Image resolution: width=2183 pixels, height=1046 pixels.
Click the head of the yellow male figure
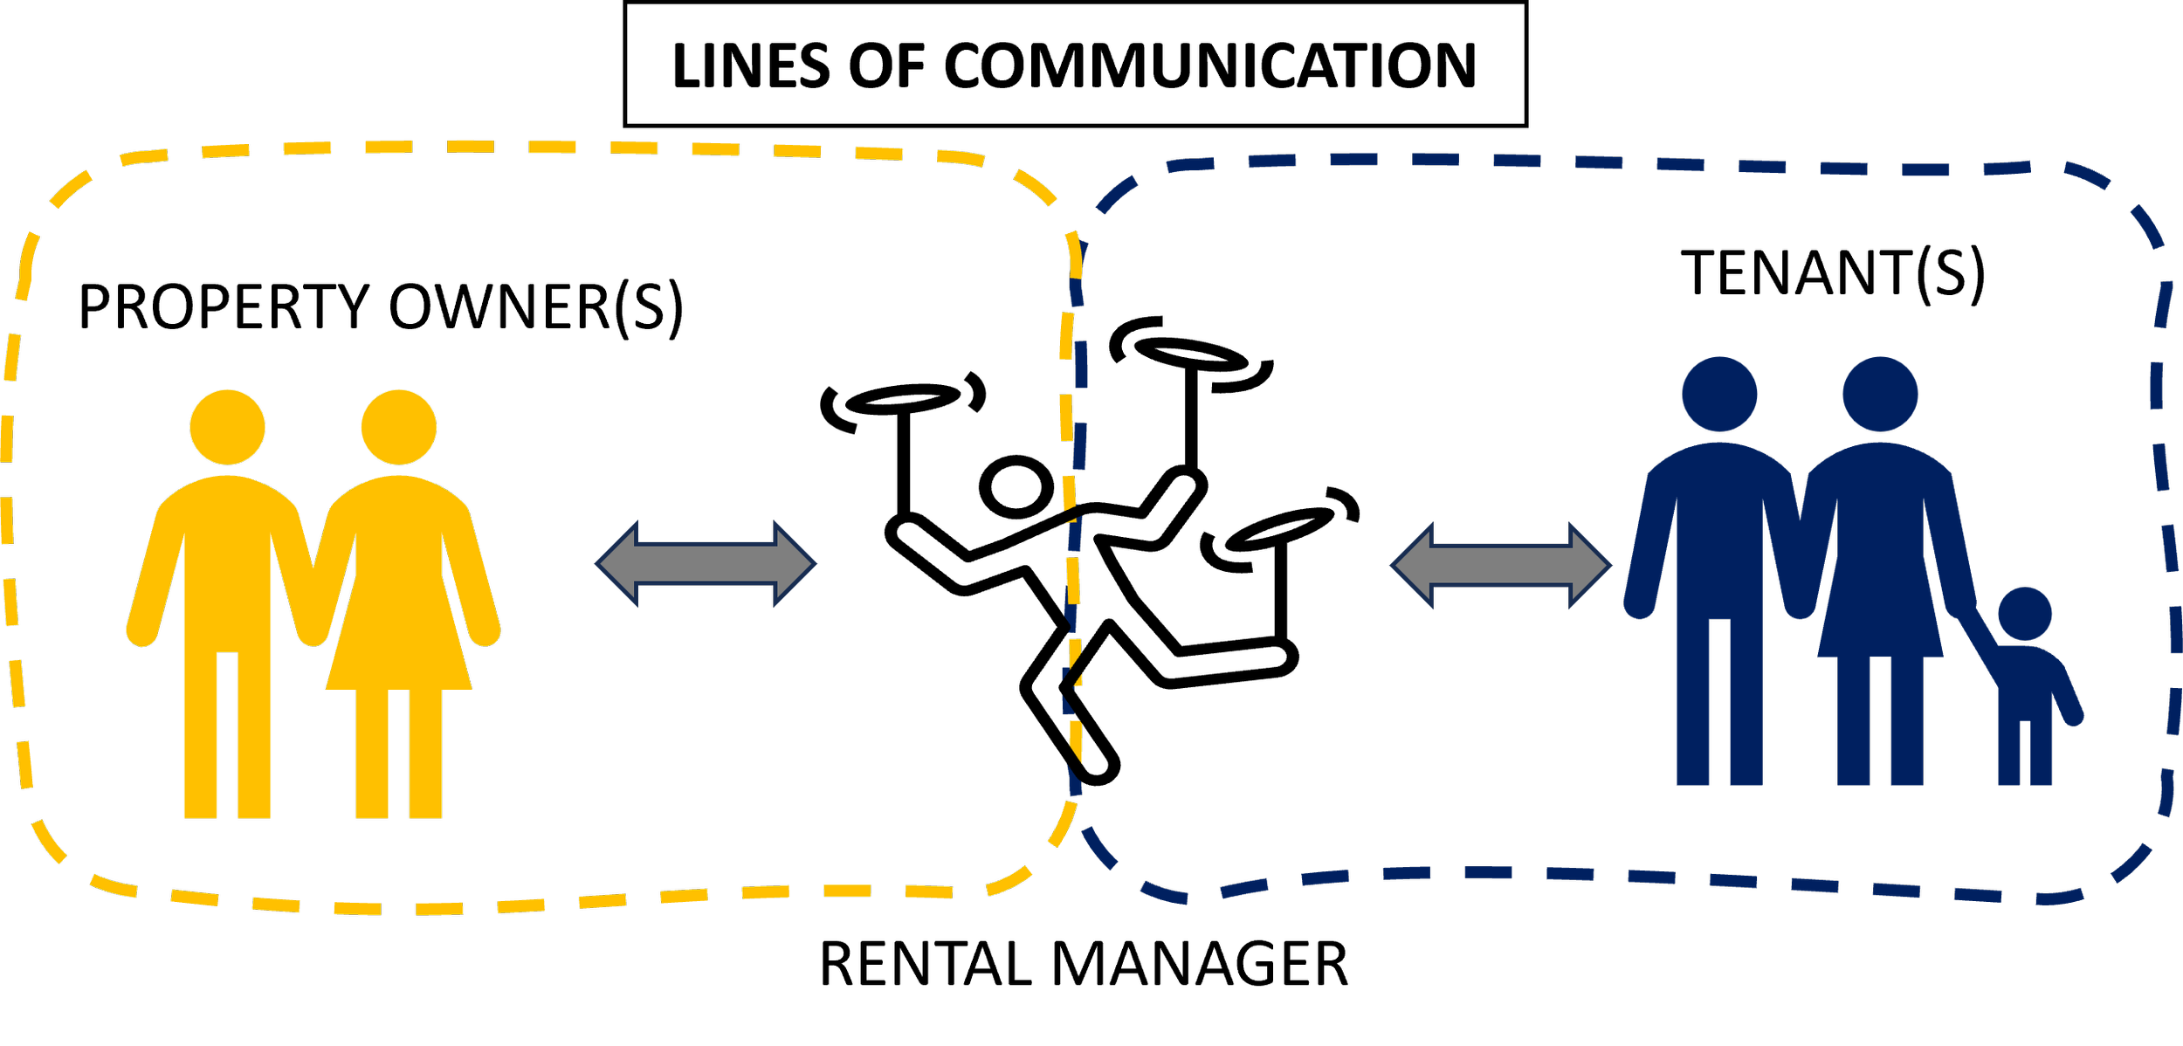[227, 427]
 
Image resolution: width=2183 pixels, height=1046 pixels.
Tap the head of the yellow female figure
[398, 427]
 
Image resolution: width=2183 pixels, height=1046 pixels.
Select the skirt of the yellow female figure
[398, 646]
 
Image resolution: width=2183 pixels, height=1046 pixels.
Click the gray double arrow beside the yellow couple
[706, 563]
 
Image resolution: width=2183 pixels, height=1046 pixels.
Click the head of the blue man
[1719, 393]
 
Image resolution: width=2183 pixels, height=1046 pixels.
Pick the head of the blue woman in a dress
[1879, 393]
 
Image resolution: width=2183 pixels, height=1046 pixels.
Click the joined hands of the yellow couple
[313, 624]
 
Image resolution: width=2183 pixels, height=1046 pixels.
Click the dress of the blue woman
[1879, 594]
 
